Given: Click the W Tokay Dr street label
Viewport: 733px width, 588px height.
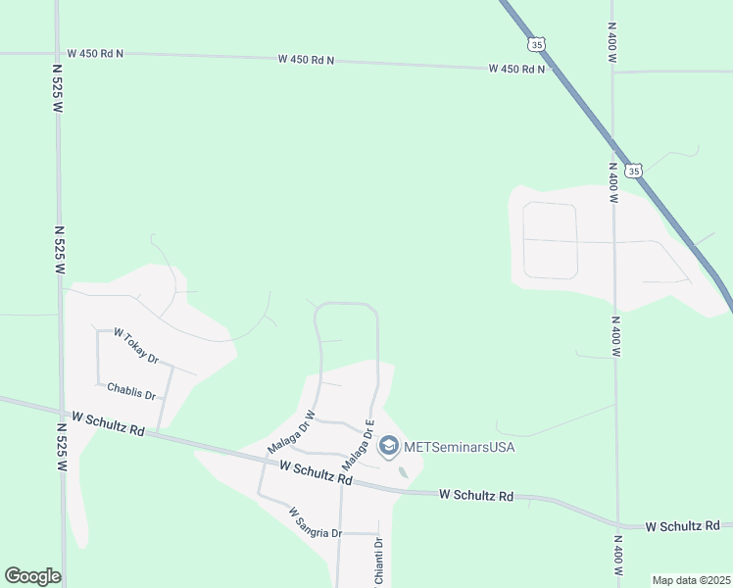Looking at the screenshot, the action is tap(136, 346).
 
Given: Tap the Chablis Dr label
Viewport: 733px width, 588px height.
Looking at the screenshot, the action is tap(132, 391).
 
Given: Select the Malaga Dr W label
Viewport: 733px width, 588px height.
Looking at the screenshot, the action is tap(290, 432).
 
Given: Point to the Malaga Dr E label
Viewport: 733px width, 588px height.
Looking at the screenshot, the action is tap(359, 444).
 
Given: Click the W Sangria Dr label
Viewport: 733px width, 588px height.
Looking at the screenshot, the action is tap(315, 521).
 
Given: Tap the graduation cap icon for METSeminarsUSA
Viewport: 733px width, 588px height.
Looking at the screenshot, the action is tap(388, 447).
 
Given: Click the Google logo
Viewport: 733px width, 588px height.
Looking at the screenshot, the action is tap(32, 576).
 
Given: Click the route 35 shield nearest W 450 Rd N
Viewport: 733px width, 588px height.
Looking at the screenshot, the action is tap(535, 44).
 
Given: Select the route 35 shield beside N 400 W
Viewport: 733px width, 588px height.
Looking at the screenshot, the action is tap(635, 171).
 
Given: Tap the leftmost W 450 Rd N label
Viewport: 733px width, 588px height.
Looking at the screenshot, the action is tap(95, 53).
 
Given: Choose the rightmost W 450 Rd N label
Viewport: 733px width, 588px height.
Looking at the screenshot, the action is tap(517, 69).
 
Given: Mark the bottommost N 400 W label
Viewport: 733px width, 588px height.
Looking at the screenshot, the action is tap(617, 555).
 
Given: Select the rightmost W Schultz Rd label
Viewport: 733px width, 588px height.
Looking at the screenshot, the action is tap(683, 526).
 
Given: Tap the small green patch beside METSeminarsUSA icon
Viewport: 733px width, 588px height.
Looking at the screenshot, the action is tap(404, 473).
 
